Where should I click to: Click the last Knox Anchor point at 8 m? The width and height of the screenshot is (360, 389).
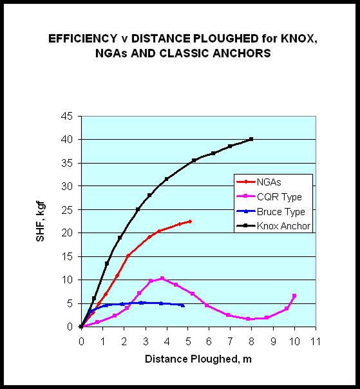251,138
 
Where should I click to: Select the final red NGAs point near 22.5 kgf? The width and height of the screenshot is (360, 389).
190,221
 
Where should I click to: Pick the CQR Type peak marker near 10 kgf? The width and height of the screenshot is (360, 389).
162,278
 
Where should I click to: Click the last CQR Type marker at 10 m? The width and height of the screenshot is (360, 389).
294,296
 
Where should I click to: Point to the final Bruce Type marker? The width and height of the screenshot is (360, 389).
184,305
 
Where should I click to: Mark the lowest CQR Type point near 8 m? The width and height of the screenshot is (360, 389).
249,319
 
